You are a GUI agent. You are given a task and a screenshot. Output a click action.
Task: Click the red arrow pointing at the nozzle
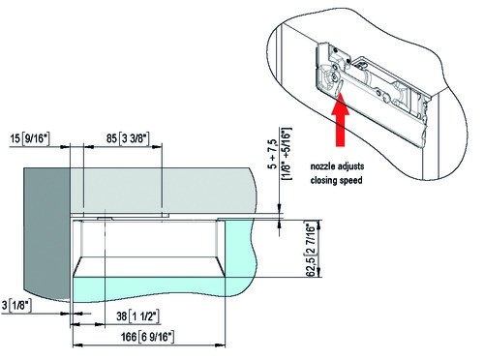pyautogui.click(x=340, y=120)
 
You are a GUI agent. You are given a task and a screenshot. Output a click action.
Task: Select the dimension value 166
pyautogui.click(x=129, y=337)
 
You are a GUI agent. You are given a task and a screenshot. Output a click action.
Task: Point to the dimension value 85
pyautogui.click(x=111, y=138)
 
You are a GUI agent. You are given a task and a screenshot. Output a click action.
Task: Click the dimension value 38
pyautogui.click(x=122, y=316)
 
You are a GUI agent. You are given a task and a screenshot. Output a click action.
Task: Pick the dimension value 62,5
pyautogui.click(x=310, y=266)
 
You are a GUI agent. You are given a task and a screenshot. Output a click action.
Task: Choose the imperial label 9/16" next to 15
pyautogui.click(x=35, y=139)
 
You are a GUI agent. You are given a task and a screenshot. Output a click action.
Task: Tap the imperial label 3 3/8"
pyautogui.click(x=135, y=138)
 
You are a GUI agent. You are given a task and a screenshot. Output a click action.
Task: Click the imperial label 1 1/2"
pyautogui.click(x=144, y=316)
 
